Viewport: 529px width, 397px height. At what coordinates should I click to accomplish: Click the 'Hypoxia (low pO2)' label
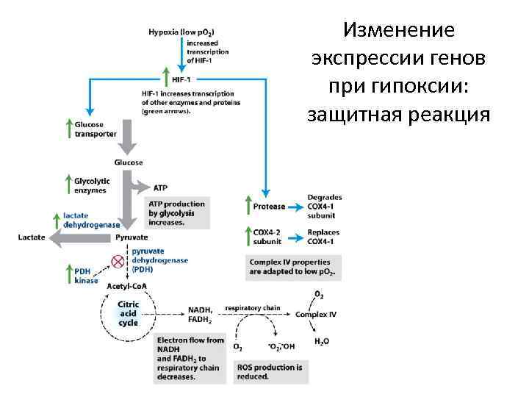tap(181, 33)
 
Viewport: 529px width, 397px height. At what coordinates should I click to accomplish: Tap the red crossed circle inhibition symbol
tap(118, 261)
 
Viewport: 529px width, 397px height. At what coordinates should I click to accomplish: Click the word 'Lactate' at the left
tap(32, 237)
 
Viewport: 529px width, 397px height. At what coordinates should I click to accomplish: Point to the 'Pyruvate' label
tap(132, 237)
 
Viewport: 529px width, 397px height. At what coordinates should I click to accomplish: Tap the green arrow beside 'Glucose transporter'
tap(68, 129)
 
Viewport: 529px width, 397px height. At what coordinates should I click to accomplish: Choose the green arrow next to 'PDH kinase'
tap(68, 275)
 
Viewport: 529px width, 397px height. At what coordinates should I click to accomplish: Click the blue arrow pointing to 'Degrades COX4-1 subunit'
tap(295, 207)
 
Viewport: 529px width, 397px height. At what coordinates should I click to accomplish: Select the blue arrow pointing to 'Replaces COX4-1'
tap(295, 237)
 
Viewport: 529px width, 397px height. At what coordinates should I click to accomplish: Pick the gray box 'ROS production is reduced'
tap(268, 371)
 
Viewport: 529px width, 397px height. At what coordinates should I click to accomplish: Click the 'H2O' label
tap(322, 342)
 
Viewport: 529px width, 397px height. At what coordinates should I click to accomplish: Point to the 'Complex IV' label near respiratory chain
tap(317, 314)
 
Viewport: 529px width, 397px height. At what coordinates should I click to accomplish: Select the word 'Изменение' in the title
tap(399, 31)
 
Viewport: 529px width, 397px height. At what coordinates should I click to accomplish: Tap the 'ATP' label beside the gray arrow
tap(161, 187)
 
